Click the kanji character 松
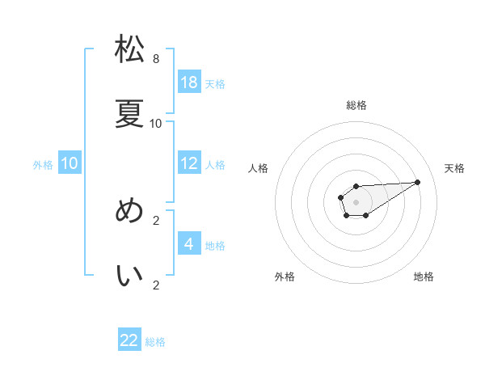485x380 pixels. pos(129,50)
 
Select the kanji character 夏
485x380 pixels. pos(129,114)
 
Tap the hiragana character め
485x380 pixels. pos(129,211)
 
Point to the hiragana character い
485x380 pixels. pos(129,276)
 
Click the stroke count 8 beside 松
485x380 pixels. pos(156,59)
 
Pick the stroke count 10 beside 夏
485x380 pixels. pos(156,124)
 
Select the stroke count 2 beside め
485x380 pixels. pos(156,220)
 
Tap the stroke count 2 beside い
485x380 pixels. pos(156,285)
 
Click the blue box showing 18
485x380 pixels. pos(189,82)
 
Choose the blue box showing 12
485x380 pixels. pos(189,163)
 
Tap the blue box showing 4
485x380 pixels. pos(189,244)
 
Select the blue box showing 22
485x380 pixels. pos(129,340)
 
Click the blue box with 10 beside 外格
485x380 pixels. pos(70,163)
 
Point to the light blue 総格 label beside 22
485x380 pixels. pos(155,342)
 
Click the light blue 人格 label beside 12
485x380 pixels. pos(215,165)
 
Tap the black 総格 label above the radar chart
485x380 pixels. pos(356,105)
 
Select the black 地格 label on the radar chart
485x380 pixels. pos(424,277)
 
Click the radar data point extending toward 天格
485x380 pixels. pos(418,182)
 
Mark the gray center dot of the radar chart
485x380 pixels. pos(356,201)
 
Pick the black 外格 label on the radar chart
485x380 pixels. pos(285,277)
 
